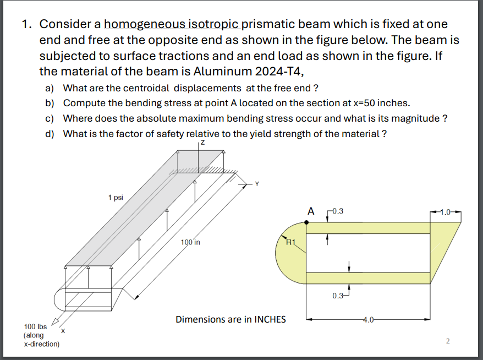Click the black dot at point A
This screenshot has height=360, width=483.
tap(306, 222)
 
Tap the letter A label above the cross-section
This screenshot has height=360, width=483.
tap(311, 211)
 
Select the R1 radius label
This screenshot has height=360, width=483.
tap(290, 241)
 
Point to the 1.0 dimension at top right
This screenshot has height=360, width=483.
tap(448, 211)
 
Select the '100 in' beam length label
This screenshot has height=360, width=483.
tap(190, 242)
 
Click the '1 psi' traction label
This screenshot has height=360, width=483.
tap(116, 197)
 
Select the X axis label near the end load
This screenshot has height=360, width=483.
tap(63, 331)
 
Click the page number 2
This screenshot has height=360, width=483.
tap(447, 341)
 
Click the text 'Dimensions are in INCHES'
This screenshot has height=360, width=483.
tap(230, 319)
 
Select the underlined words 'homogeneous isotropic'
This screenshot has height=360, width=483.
tap(172, 25)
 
